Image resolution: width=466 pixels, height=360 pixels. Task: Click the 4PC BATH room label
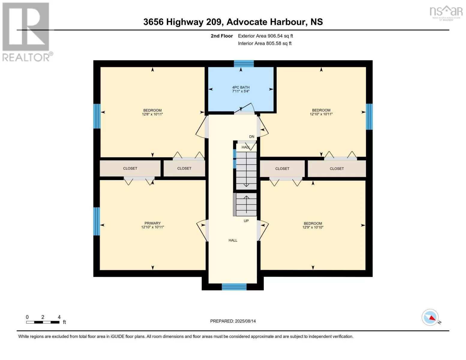click(x=241, y=87)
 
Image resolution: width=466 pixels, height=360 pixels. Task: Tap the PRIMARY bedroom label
click(x=152, y=223)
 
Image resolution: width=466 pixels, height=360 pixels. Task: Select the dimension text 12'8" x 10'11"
click(x=152, y=114)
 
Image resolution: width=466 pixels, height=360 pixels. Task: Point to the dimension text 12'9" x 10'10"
click(x=313, y=227)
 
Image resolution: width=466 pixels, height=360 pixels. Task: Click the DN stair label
click(x=251, y=136)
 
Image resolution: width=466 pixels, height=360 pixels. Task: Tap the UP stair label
click(x=246, y=221)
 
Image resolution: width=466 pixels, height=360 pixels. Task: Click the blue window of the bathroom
click(x=244, y=64)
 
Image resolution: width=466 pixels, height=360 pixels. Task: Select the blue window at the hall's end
click(x=234, y=287)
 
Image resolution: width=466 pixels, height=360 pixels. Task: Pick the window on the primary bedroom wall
click(x=97, y=221)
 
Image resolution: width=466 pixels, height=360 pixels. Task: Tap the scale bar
click(x=43, y=322)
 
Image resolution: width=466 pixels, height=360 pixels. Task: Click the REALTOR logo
click(x=27, y=32)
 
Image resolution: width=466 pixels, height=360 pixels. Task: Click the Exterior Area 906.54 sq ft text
click(x=265, y=36)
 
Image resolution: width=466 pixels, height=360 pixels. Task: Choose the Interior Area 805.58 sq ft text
click(x=265, y=43)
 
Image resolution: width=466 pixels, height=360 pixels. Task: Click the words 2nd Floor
click(x=221, y=36)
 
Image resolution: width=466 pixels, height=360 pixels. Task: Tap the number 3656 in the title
click(x=153, y=22)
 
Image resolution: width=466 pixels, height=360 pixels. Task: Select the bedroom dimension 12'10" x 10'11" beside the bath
click(x=321, y=114)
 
